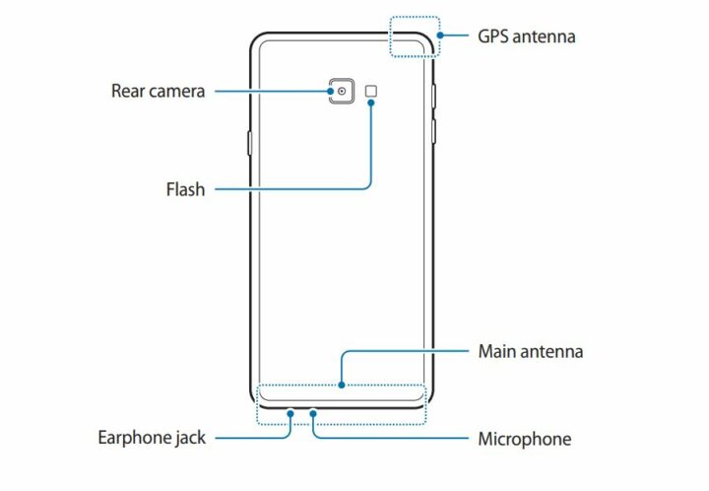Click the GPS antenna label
(527, 36)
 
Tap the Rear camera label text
(158, 92)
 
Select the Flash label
(185, 189)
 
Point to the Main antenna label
(530, 351)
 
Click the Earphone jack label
(152, 437)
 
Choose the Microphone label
(524, 438)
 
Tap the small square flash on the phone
(371, 92)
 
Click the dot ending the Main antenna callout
(341, 386)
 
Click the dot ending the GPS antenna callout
(439, 36)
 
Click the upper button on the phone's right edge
(434, 96)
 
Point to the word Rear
(128, 92)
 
